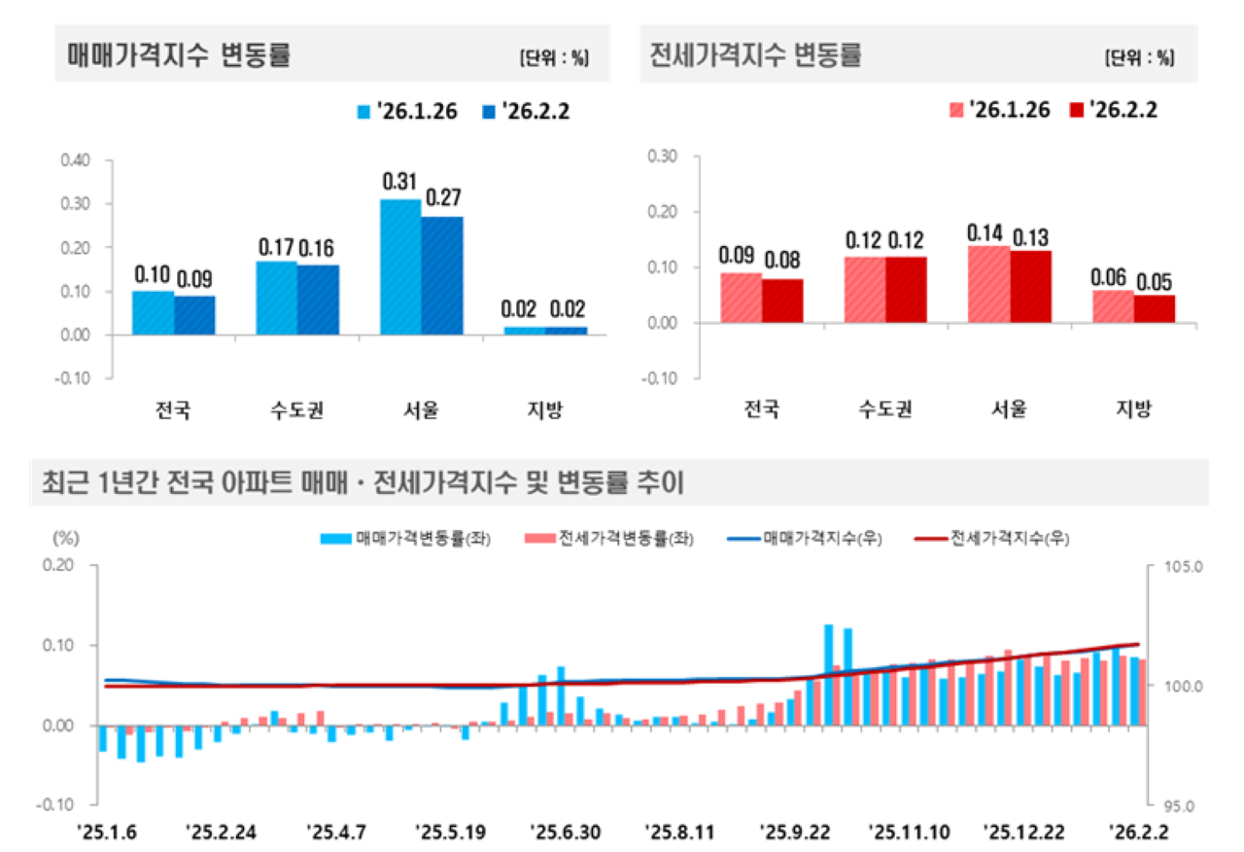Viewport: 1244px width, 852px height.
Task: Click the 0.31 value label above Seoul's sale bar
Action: point(400,182)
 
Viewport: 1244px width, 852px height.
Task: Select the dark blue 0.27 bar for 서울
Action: point(442,275)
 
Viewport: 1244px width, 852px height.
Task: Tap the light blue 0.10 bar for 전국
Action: point(153,312)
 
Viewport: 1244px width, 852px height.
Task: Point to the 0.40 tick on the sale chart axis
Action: point(76,160)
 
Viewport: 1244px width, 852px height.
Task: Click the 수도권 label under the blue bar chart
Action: point(297,410)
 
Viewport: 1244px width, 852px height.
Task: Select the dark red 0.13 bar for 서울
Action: point(1030,286)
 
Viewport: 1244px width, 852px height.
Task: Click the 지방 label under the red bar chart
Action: point(1133,409)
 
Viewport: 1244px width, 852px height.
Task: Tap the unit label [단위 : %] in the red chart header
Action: point(1139,57)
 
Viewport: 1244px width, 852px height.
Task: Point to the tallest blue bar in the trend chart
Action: point(829,675)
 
